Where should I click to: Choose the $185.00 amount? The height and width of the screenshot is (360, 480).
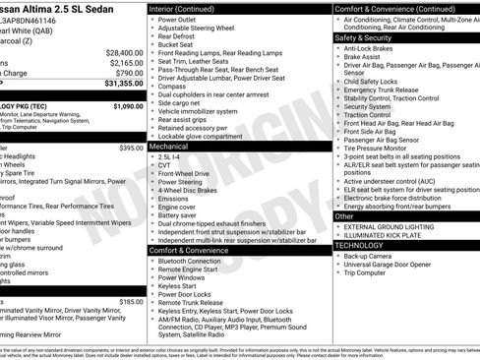point(131,302)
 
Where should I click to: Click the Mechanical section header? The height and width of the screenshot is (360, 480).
point(169,146)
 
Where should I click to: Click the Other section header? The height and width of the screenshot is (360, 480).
point(344,215)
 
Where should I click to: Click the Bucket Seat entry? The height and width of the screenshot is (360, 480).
point(175,44)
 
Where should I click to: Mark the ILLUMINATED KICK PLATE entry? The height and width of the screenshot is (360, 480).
point(388,236)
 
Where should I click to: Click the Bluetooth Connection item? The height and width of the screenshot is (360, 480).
point(192,261)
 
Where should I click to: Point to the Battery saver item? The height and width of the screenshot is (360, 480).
point(180,215)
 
